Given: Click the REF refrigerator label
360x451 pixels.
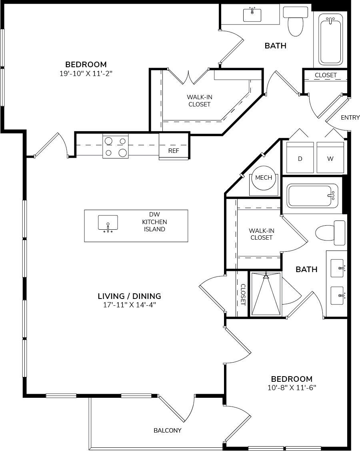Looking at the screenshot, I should [x=173, y=151].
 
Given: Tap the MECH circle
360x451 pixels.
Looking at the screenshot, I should [x=264, y=178].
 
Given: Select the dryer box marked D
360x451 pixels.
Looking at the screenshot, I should [x=300, y=158].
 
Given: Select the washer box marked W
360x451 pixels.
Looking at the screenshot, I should [x=330, y=158].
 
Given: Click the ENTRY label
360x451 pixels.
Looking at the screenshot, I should [x=350, y=118].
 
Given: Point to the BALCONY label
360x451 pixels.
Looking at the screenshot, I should [x=168, y=431].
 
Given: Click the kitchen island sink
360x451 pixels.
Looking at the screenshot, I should [x=108, y=223].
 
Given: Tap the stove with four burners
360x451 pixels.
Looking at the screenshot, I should [x=116, y=146].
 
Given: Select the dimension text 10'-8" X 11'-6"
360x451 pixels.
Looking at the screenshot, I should [x=291, y=387].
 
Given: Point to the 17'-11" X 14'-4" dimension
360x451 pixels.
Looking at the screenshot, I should [x=129, y=305].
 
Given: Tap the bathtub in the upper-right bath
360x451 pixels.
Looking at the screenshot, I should [x=330, y=39].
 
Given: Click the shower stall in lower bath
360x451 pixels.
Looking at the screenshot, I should [x=266, y=294].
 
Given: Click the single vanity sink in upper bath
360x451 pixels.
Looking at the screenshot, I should [x=252, y=15].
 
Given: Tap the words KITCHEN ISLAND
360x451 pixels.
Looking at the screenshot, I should [x=154, y=226].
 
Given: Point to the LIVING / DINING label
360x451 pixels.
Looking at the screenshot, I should [x=129, y=296].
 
